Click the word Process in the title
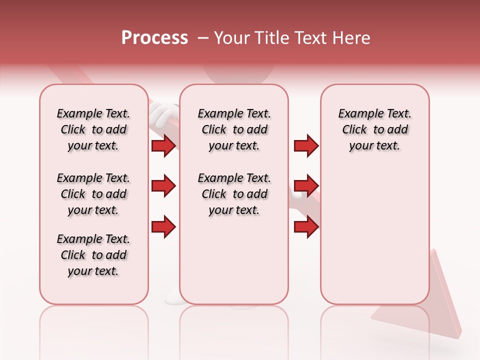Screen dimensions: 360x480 click(154, 38)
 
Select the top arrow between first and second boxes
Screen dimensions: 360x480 click(163, 145)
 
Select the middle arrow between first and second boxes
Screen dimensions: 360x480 click(163, 186)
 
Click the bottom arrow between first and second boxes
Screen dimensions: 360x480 click(163, 227)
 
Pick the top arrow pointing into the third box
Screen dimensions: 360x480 click(306, 145)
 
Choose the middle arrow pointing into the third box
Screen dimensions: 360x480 click(306, 186)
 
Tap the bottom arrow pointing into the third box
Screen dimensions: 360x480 click(306, 227)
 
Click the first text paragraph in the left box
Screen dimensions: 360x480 click(93, 129)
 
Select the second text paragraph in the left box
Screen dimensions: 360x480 click(93, 194)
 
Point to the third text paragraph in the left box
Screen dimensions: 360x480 click(93, 255)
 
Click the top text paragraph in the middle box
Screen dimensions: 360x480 click(234, 129)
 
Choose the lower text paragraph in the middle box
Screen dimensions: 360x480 click(234, 194)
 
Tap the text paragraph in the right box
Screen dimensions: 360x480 click(374, 129)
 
